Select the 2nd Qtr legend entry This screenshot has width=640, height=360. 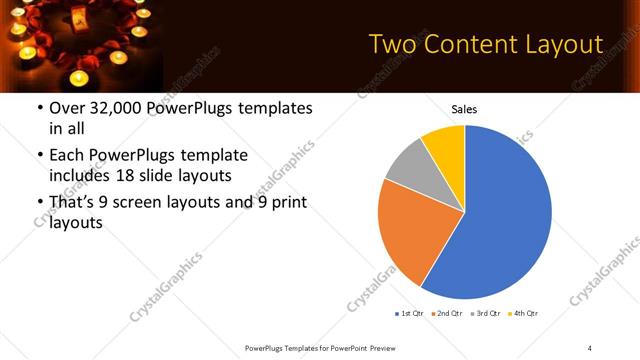pos(445,314)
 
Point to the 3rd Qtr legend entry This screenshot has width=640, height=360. pos(484,314)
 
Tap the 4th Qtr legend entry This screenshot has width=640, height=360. pos(523,314)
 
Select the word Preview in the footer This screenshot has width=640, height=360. pos(393,347)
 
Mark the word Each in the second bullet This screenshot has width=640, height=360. pos(67,155)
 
